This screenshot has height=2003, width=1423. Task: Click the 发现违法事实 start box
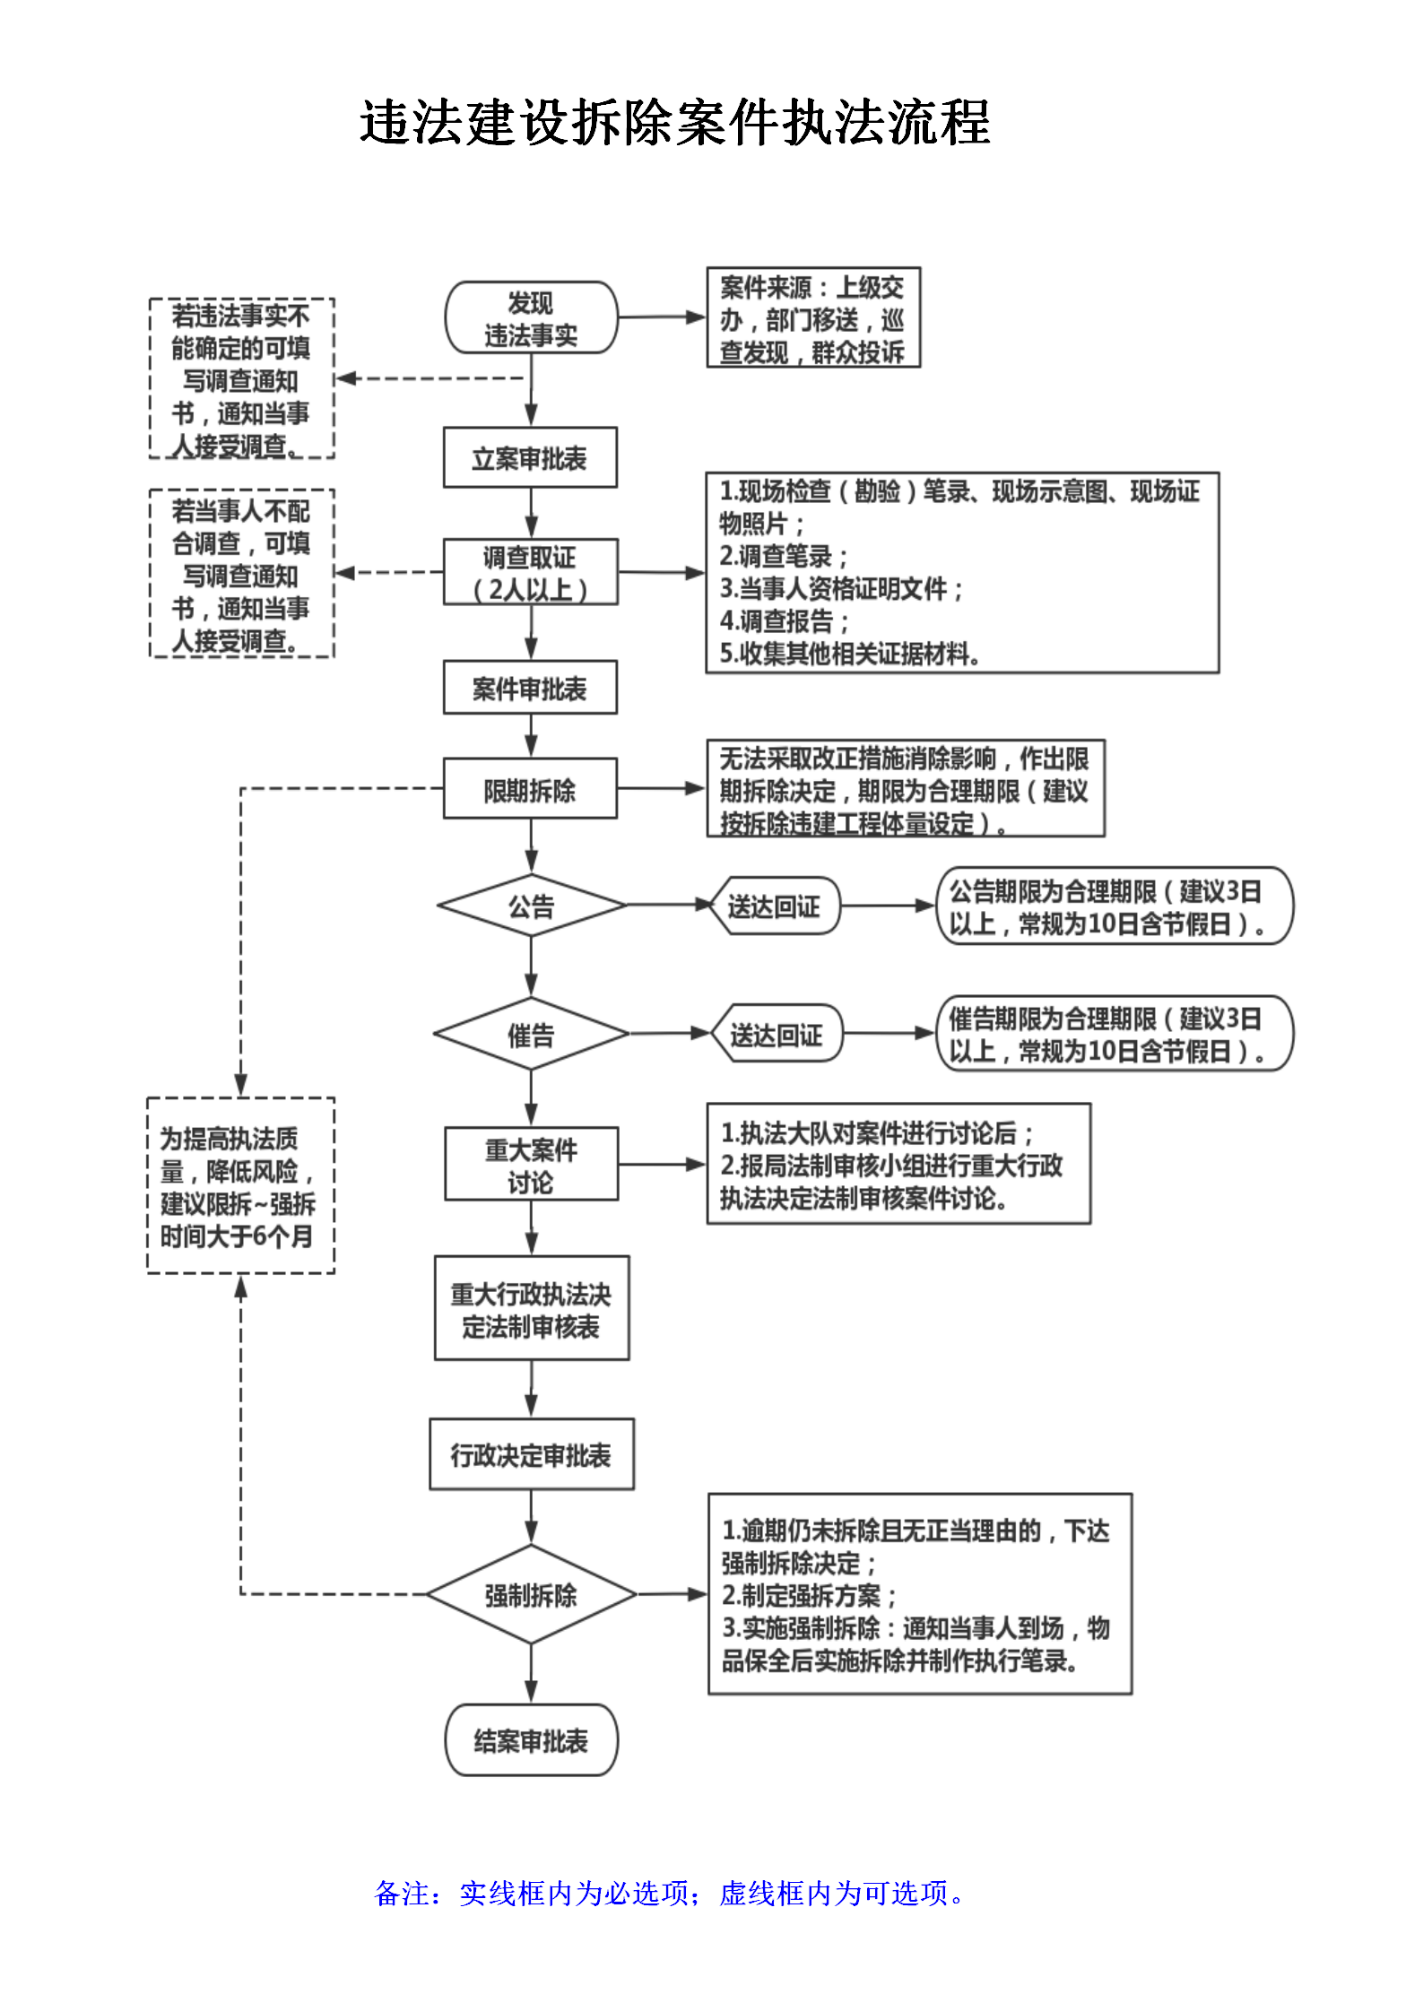coord(531,317)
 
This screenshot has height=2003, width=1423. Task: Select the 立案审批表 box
coord(530,457)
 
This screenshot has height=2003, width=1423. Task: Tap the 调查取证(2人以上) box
coord(530,572)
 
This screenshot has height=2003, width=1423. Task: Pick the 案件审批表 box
coord(530,688)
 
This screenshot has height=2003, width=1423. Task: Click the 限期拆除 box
coord(530,789)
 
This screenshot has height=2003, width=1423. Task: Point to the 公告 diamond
coord(532,906)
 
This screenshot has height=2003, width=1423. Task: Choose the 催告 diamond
coord(531,1034)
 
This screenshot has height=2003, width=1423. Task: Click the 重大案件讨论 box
coord(532,1164)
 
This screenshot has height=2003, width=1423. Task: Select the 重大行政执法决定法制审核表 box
coord(532,1308)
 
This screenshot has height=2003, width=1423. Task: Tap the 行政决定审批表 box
coord(532,1454)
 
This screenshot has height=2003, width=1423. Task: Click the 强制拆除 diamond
coord(531,1594)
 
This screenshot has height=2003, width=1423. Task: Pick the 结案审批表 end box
coord(531,1740)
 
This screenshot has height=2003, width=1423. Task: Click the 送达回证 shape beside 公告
coord(774,906)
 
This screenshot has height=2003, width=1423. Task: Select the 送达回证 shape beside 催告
coord(777,1034)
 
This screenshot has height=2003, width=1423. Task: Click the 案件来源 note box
coord(813,318)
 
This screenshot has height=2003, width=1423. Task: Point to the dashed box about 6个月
coord(240,1185)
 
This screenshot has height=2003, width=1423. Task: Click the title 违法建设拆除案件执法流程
coord(675,123)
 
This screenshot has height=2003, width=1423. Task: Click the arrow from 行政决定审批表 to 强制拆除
coord(532,1517)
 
